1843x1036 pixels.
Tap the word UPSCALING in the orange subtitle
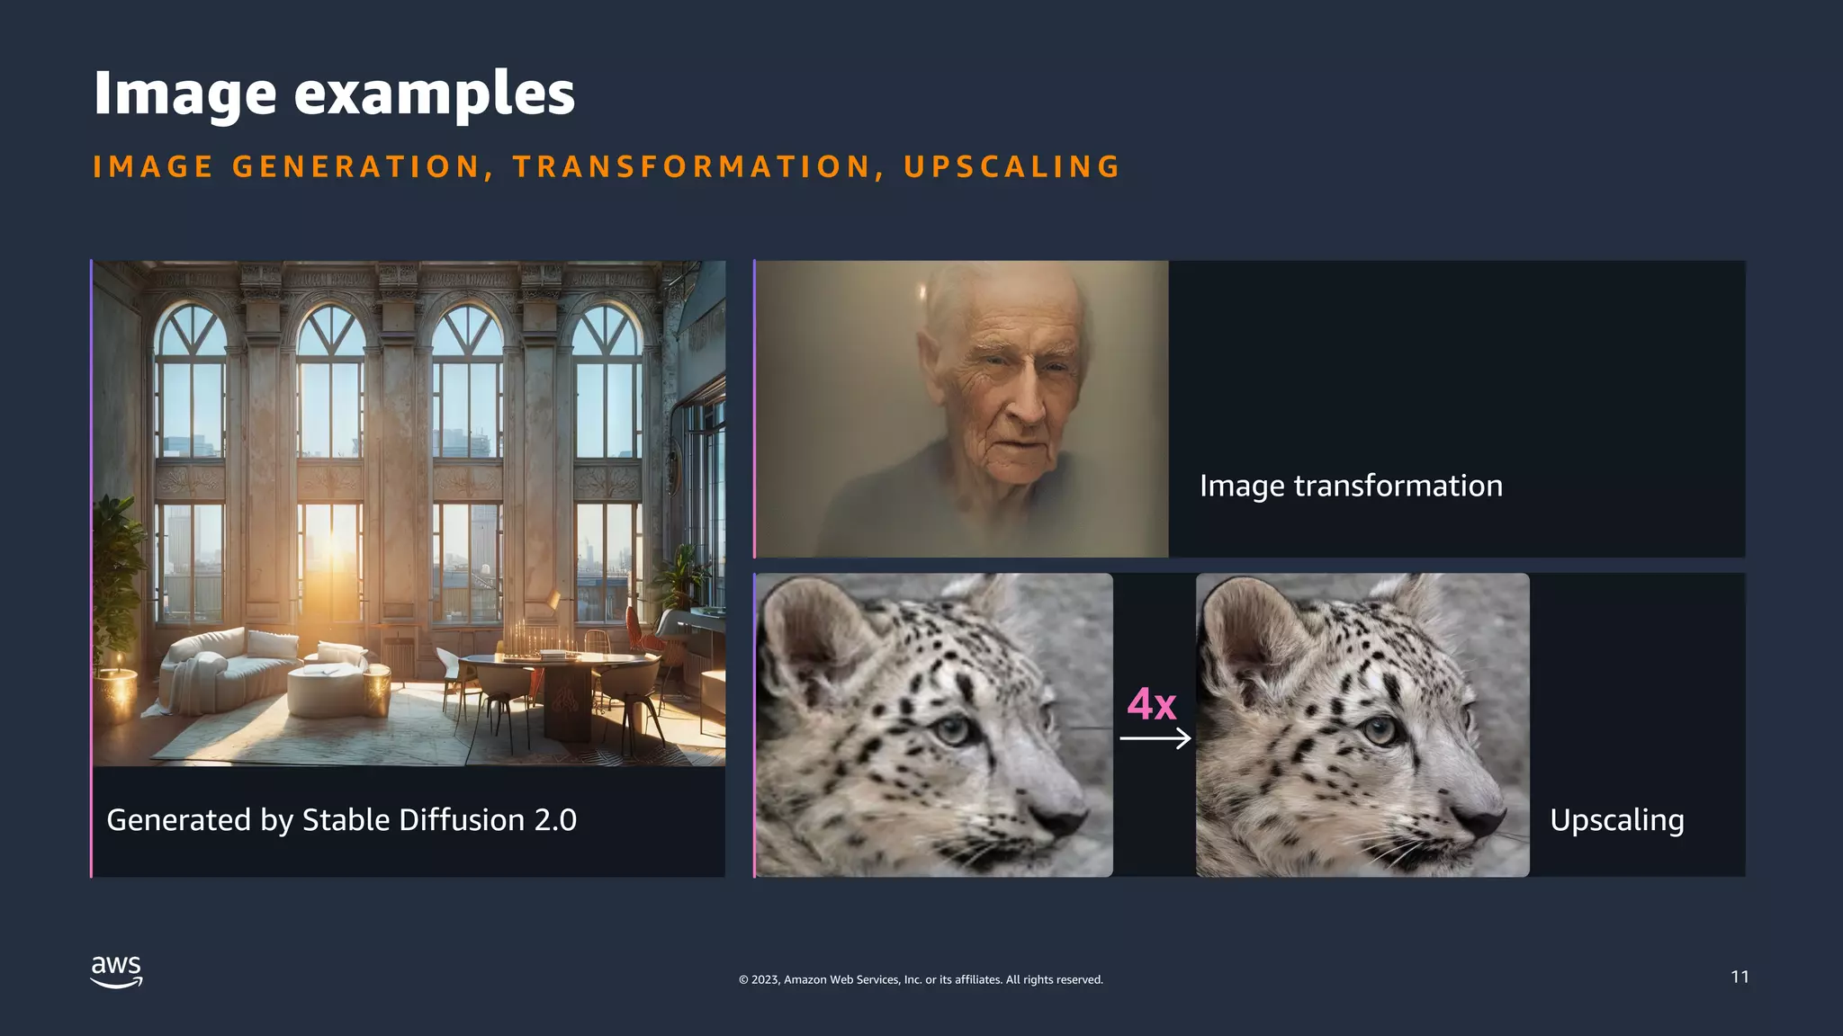(1012, 167)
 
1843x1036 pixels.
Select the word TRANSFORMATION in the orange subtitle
(691, 167)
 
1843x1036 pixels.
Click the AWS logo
(117, 971)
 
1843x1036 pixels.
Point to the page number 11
(1740, 977)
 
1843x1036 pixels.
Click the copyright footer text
(921, 979)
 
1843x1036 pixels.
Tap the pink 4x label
(1152, 704)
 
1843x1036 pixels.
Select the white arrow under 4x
(1155, 739)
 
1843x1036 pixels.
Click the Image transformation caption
(1351, 486)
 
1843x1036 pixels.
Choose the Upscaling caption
(1616, 820)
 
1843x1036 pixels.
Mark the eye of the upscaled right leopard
(1379, 730)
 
